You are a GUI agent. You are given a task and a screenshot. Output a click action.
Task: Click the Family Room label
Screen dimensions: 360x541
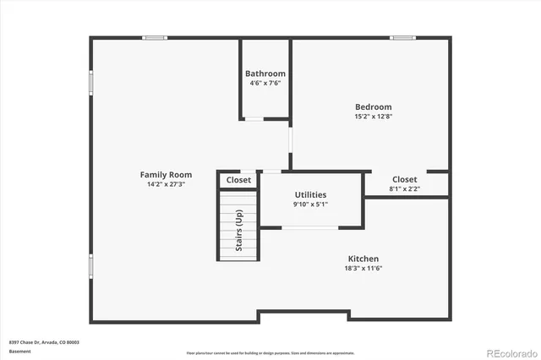166,175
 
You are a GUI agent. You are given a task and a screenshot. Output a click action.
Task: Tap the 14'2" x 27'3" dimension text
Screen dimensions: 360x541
166,184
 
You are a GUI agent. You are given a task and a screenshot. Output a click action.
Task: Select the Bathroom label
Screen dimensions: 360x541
265,74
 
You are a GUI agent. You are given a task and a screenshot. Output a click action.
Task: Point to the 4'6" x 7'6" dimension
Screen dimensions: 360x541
265,83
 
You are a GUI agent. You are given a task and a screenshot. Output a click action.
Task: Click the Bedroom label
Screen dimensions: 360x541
373,106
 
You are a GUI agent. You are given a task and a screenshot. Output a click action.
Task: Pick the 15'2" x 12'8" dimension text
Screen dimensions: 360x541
373,117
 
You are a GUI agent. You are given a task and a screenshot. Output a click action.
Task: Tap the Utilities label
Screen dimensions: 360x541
310,194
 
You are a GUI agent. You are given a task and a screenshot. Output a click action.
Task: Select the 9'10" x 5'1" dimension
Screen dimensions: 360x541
310,204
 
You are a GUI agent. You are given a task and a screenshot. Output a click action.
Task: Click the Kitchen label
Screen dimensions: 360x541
363,259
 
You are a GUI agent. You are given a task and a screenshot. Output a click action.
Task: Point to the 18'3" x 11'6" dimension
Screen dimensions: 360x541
363,269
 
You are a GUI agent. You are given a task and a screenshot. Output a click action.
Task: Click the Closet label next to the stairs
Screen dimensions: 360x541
238,180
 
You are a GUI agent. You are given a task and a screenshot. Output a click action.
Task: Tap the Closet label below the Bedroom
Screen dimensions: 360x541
404,179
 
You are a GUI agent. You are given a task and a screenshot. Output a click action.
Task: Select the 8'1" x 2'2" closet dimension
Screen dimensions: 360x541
404,189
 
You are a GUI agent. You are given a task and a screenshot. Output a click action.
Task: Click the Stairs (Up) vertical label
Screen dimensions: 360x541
239,230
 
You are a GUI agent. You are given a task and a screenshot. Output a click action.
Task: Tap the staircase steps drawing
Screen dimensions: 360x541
228,226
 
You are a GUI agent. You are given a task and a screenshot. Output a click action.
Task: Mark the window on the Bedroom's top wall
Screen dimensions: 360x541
402,37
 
